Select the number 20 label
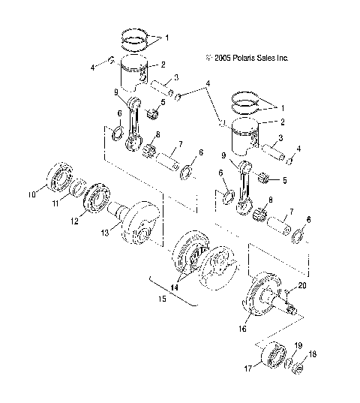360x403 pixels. click(x=302, y=285)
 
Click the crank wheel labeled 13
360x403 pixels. click(x=141, y=224)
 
